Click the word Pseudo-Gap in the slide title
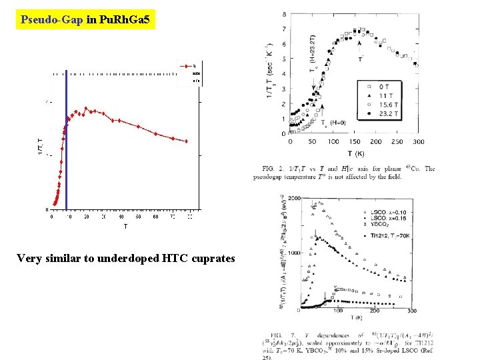[x=52, y=20]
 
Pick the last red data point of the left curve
[x=187, y=141]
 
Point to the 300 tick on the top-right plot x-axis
[x=418, y=142]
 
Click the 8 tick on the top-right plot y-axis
[x=285, y=14]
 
